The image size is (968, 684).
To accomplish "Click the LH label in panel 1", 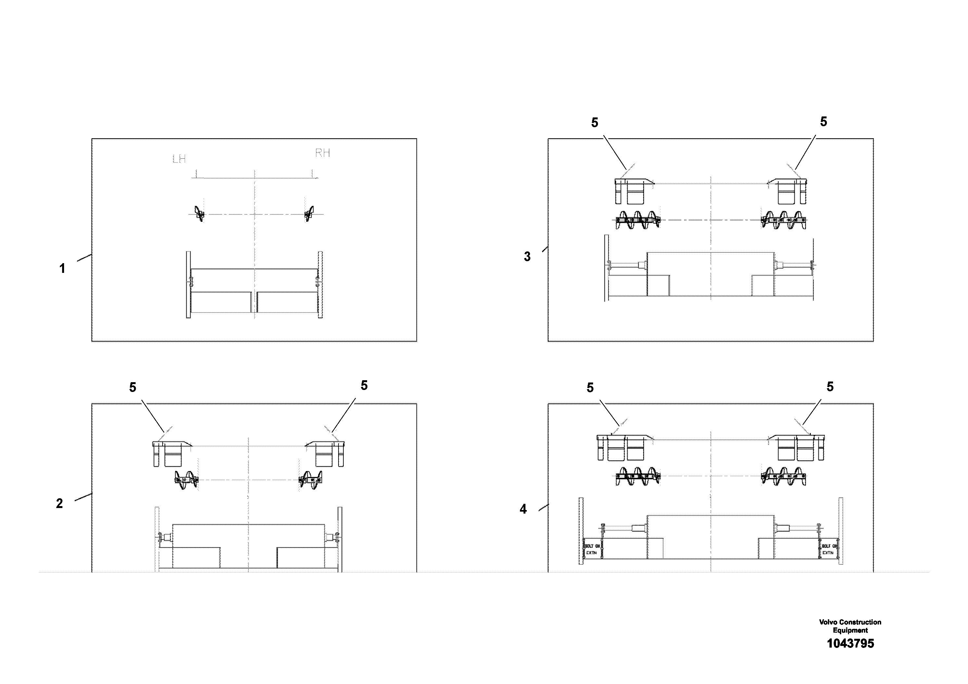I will click(179, 159).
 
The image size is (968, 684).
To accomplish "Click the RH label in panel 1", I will click(323, 153).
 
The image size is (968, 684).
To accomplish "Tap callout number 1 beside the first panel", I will click(62, 269).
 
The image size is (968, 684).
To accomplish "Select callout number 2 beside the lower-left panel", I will click(60, 503).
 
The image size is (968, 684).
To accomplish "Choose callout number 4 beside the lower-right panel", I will click(523, 509).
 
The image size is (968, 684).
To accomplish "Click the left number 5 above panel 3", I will click(594, 123).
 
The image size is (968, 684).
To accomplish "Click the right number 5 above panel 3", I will click(823, 122).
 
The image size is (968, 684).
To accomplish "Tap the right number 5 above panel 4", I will click(830, 387).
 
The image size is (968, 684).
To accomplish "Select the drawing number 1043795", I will click(850, 644).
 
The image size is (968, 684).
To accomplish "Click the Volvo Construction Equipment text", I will click(850, 626).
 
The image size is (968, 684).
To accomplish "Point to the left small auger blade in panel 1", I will click(199, 213).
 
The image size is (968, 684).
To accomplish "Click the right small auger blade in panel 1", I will click(310, 213).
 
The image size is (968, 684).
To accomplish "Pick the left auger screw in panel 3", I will click(637, 220).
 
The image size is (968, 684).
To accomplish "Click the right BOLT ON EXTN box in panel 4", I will click(829, 549).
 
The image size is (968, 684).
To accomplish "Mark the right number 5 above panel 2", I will click(364, 385).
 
